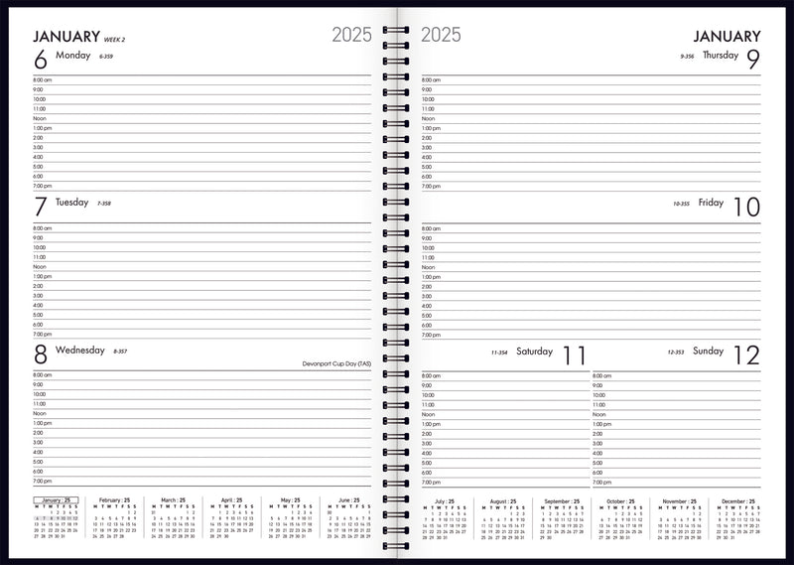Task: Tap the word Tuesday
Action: click(72, 203)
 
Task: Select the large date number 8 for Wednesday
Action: click(41, 354)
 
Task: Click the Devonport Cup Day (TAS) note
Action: click(336, 364)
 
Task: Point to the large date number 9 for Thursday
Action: click(753, 60)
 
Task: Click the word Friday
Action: click(711, 203)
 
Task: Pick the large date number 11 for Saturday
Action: click(574, 355)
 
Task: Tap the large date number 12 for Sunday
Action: click(746, 355)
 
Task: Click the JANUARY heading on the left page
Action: click(66, 37)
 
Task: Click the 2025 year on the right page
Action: click(441, 35)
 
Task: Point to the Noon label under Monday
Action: click(40, 118)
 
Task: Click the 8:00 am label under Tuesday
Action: click(43, 228)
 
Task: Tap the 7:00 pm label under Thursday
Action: click(432, 186)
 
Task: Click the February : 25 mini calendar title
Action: click(114, 500)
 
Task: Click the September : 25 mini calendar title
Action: click(561, 501)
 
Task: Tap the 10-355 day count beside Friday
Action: click(681, 204)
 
